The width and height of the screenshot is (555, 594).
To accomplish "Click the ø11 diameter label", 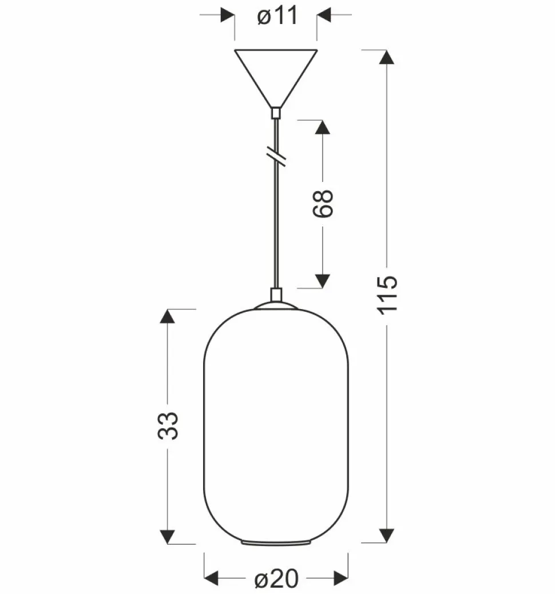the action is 277,16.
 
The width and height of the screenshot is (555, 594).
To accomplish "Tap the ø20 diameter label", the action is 276,579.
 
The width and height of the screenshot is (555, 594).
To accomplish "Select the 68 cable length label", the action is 323,203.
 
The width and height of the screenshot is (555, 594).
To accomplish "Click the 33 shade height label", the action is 168,425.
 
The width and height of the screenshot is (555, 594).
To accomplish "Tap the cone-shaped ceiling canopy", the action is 276,78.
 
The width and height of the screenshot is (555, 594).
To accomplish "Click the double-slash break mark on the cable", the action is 276,156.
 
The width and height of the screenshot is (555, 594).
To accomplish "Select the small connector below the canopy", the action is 276,113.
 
